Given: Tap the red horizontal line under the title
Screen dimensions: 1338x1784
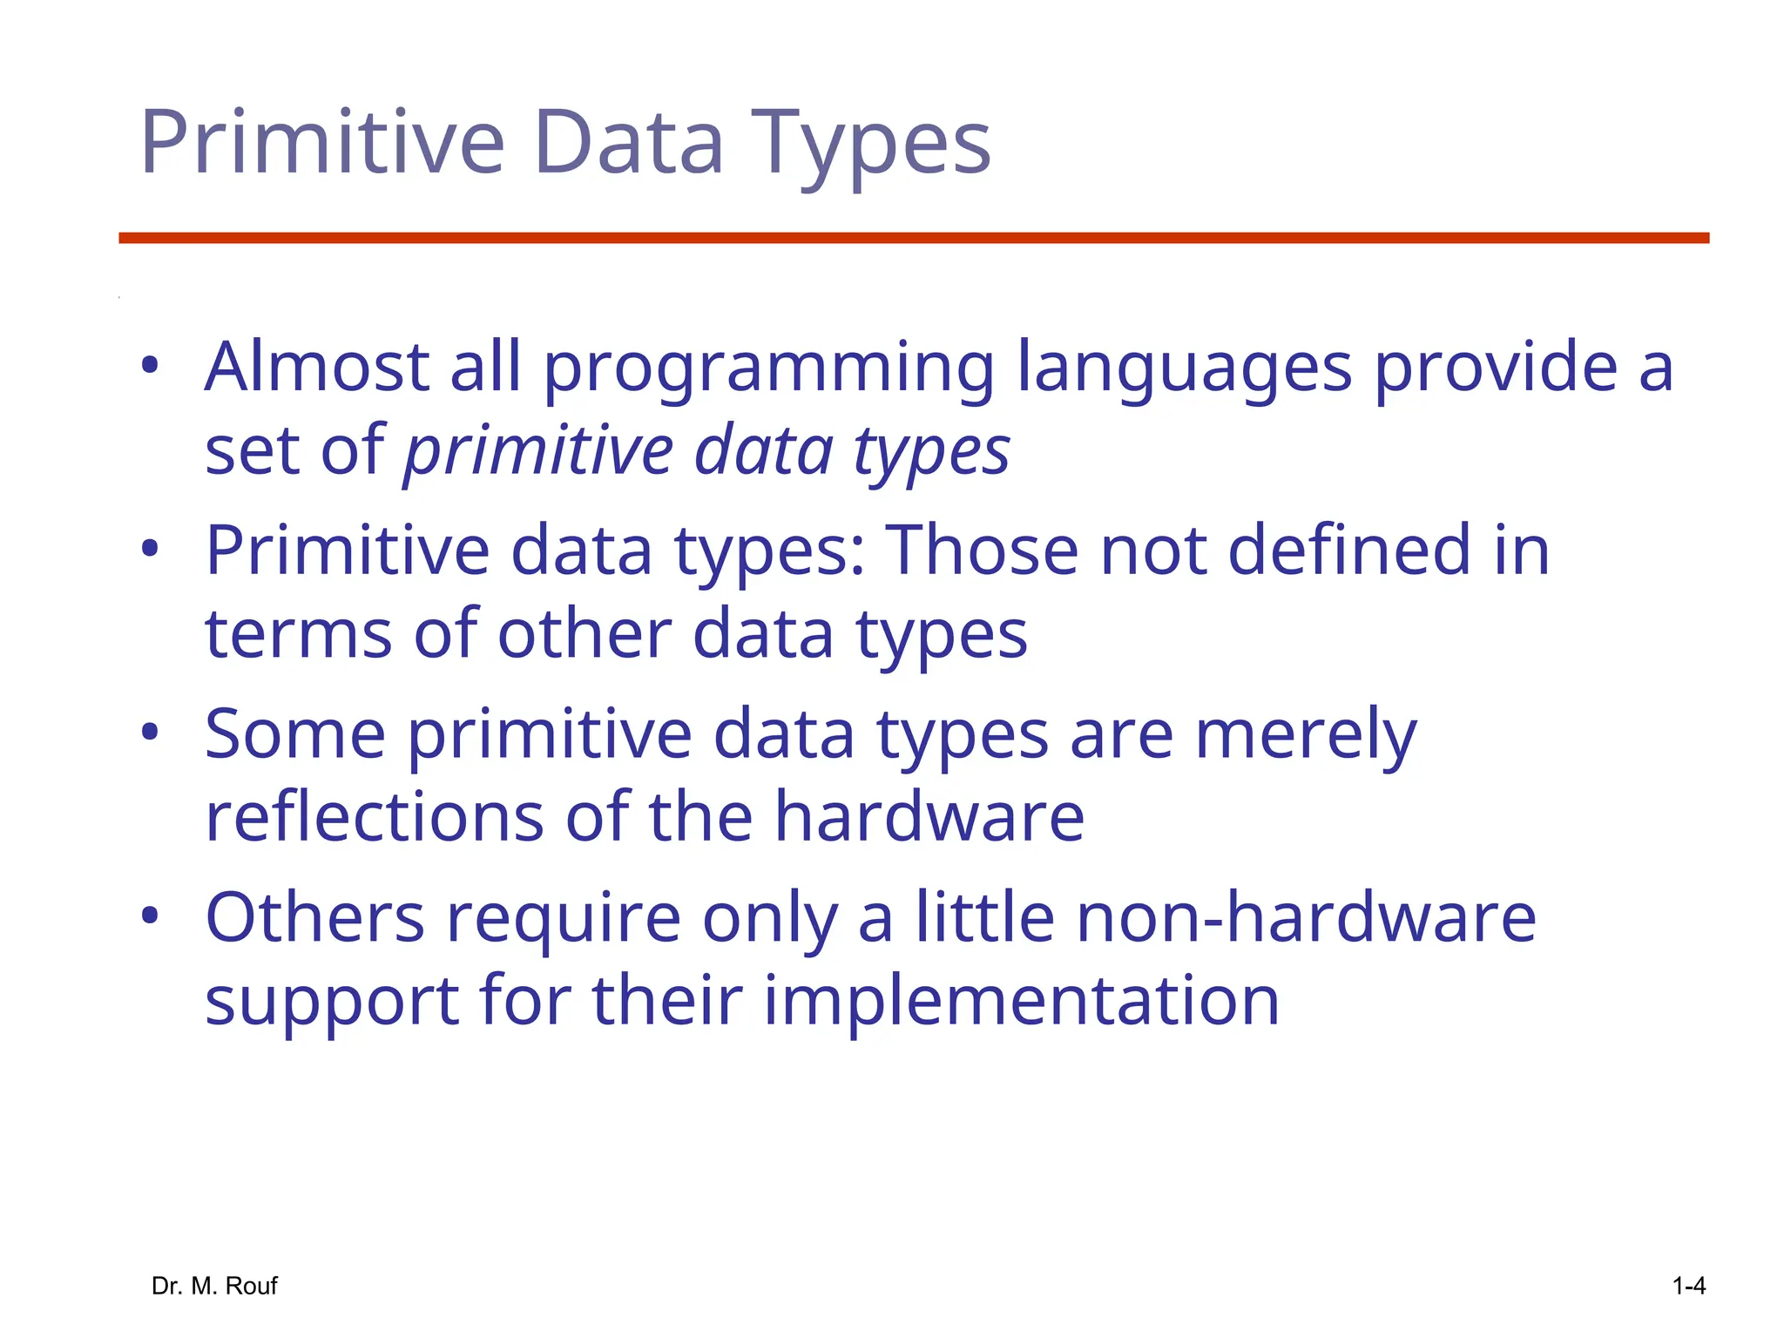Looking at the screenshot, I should [x=913, y=238].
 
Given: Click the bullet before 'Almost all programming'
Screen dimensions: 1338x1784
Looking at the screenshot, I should [x=150, y=366].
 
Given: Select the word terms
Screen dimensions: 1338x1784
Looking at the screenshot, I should [x=298, y=634].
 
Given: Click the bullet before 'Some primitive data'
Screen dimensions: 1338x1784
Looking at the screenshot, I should [x=150, y=733].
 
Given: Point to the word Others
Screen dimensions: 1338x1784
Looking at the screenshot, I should [x=314, y=918].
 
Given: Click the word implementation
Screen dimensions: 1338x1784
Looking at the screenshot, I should [x=1022, y=1001].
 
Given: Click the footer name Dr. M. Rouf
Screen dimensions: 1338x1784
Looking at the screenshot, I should [x=214, y=1286].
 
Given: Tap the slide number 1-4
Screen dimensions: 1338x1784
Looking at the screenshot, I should [x=1688, y=1286].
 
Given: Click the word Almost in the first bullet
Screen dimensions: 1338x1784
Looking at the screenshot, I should [x=316, y=367].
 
